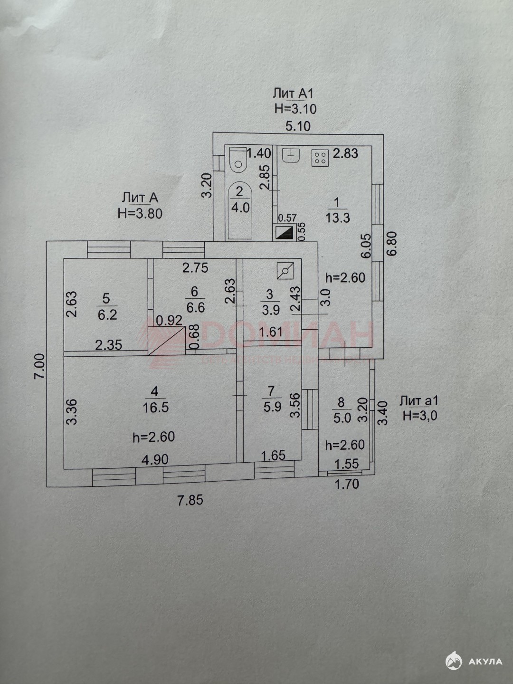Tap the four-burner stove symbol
(320, 158)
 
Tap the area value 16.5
(156, 408)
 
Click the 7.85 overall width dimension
(190, 500)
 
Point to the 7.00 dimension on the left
(41, 365)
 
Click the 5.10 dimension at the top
(297, 126)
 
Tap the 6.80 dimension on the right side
(391, 244)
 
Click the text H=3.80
(140, 213)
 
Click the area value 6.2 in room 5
(107, 314)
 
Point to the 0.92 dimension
(169, 320)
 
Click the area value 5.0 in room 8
(342, 418)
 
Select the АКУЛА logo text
(485, 661)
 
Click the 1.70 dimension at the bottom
(347, 484)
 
